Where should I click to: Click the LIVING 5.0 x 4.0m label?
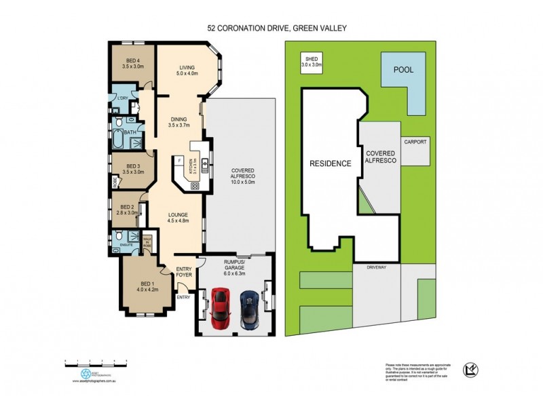pyautogui.click(x=187, y=70)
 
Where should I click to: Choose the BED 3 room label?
pyautogui.click(x=132, y=169)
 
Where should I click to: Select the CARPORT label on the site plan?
pyautogui.click(x=415, y=143)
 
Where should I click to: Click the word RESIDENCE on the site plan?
pyautogui.click(x=331, y=163)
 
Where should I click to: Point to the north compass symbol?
pyautogui.click(x=470, y=369)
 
